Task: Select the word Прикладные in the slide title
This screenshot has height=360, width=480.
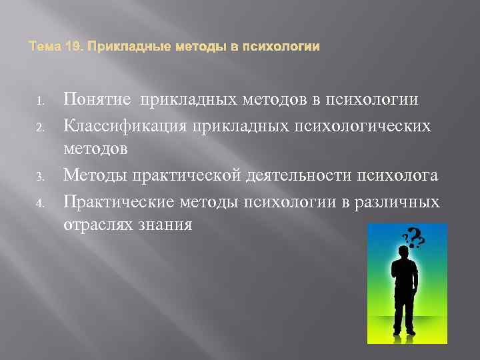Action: [117, 47]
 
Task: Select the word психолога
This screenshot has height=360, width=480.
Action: [399, 175]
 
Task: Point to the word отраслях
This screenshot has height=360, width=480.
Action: [96, 225]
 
